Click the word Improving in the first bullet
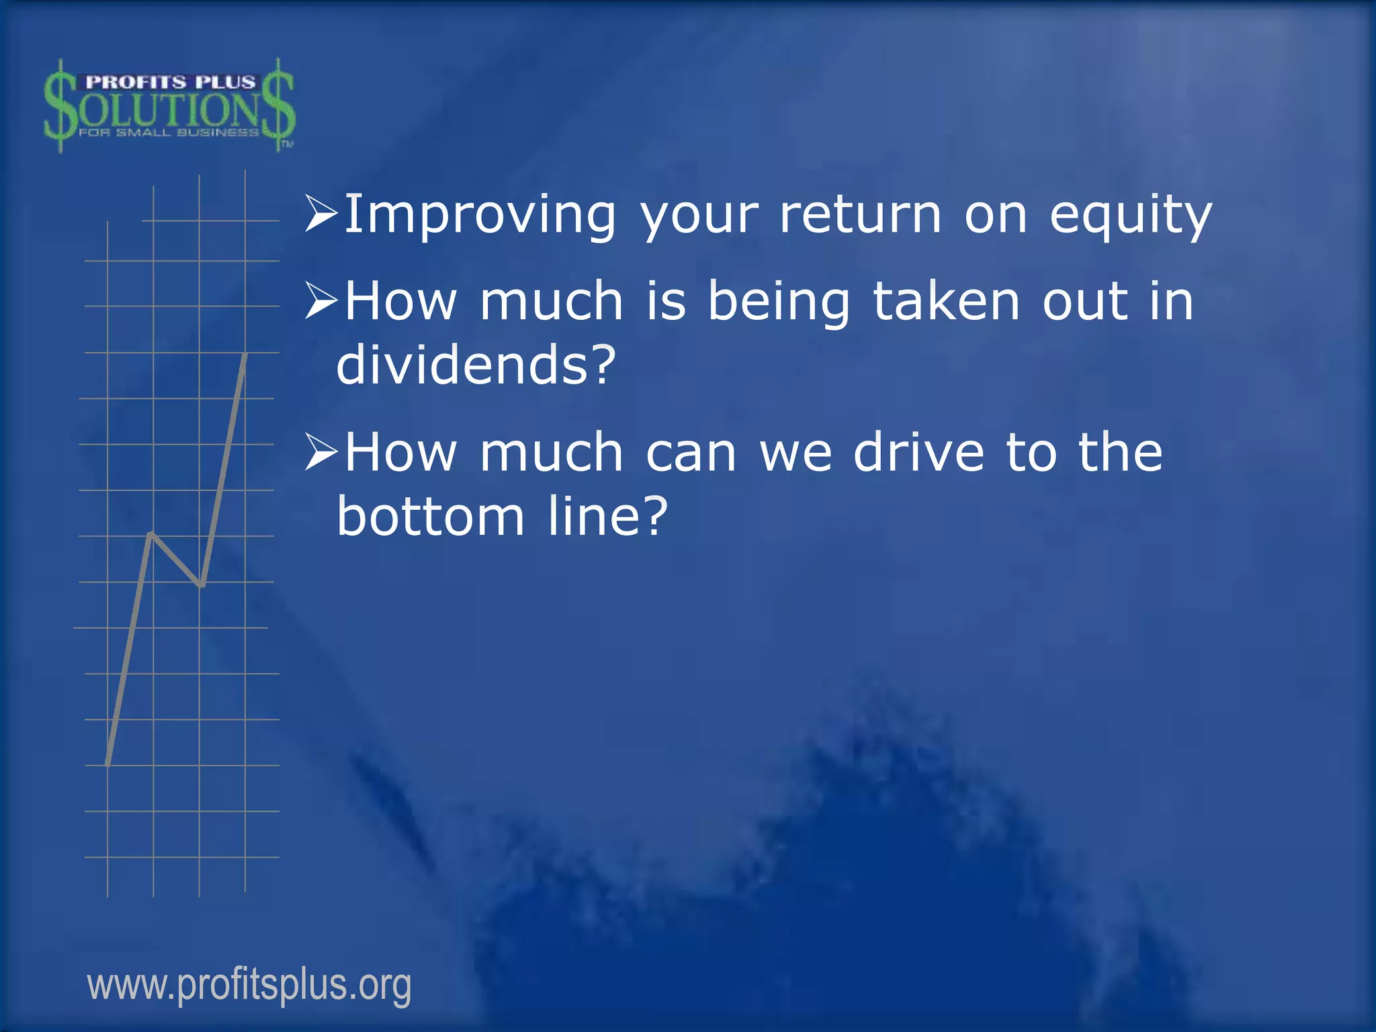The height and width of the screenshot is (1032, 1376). coord(479,216)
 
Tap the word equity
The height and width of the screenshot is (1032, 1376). coord(1131,216)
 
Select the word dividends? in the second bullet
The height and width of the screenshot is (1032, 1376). coord(476,365)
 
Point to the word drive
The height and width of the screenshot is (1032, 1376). coord(918,453)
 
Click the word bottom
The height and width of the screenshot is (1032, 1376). coord(431,517)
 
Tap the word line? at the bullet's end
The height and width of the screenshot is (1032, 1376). coord(607,517)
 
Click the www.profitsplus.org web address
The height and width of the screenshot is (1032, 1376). coord(249,985)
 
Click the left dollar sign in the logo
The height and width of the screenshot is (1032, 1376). coord(60,106)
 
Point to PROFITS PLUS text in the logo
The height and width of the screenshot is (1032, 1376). coord(170,82)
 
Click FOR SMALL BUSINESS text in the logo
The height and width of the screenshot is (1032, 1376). coord(168,133)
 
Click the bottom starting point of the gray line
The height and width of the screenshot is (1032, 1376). coord(108,763)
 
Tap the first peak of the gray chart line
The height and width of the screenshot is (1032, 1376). coord(152,534)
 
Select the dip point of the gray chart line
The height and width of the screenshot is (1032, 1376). coord(201,585)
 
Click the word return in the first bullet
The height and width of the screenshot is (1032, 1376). coord(860,216)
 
